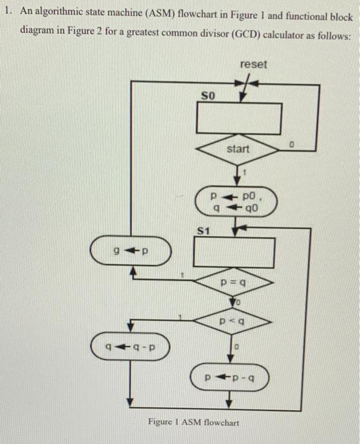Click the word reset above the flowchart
[254, 64]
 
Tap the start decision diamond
[239, 150]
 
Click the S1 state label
[202, 233]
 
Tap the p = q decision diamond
[235, 280]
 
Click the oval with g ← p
[131, 252]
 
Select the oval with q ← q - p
[130, 346]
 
